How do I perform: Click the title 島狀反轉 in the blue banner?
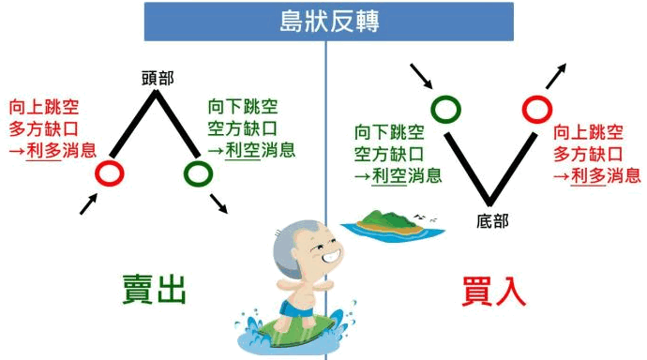(329, 21)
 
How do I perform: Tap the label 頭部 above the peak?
(158, 78)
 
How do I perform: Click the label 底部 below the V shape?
(492, 221)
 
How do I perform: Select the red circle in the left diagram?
(110, 172)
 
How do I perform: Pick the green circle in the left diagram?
(198, 172)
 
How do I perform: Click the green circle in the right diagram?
(446, 110)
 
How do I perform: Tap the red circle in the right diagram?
(537, 110)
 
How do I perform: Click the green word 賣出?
(155, 289)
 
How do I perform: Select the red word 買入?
(493, 292)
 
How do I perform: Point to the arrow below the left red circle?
(89, 203)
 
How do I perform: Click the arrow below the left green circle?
(218, 203)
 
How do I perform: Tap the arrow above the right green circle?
(421, 76)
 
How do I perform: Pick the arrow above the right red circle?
(556, 76)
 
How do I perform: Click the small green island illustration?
(391, 226)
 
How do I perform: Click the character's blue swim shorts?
(296, 309)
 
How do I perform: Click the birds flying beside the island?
(426, 217)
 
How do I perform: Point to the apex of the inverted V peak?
(156, 92)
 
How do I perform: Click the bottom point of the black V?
(489, 203)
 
